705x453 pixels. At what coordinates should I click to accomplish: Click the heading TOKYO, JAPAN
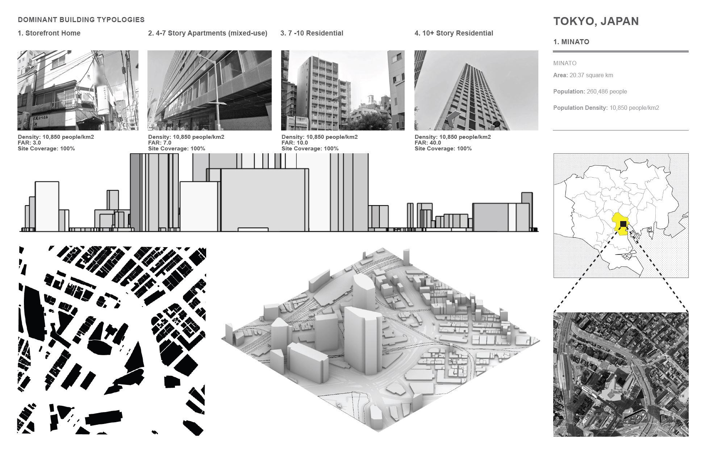[x=596, y=21]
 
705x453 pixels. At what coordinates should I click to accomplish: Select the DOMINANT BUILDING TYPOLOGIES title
[x=81, y=20]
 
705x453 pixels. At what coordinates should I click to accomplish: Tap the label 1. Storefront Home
[x=49, y=33]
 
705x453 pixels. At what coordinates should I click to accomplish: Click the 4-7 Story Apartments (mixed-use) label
[x=208, y=33]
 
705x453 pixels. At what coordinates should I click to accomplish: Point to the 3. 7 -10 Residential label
[x=312, y=33]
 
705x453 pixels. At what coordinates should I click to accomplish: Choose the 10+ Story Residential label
[x=454, y=33]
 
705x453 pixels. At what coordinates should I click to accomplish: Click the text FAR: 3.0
[x=29, y=143]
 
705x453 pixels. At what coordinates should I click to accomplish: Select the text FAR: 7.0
[x=160, y=143]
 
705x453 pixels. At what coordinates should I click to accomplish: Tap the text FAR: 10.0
[x=295, y=143]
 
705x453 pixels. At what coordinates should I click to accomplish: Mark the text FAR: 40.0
[x=428, y=143]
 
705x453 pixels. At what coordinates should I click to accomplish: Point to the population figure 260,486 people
[x=606, y=92]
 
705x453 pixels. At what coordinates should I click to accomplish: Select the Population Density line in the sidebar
[x=606, y=108]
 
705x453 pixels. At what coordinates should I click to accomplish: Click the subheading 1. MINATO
[x=571, y=42]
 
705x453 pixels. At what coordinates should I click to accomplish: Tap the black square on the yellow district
[x=623, y=224]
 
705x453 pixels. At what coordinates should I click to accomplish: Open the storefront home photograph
[x=78, y=90]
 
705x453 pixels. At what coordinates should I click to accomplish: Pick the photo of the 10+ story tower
[x=476, y=90]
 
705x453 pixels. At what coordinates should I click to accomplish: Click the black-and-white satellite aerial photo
[x=621, y=374]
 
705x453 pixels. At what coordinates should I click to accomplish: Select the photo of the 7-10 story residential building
[x=343, y=90]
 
